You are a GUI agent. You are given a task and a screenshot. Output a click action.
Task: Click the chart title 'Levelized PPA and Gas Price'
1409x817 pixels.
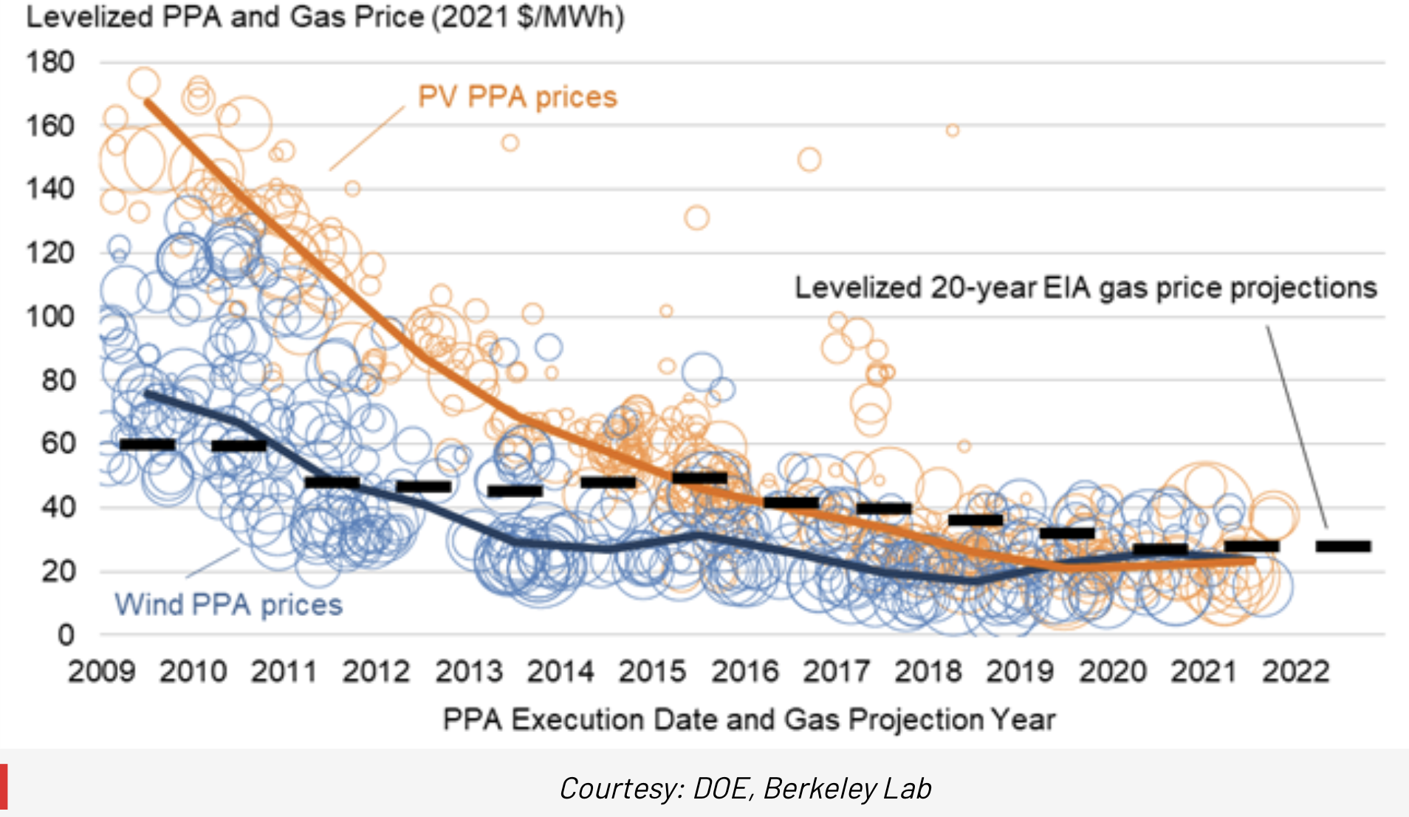[x=325, y=16]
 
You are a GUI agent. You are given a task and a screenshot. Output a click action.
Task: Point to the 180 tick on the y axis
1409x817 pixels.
[x=50, y=62]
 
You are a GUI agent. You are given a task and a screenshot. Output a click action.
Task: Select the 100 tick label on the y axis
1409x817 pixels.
[x=50, y=317]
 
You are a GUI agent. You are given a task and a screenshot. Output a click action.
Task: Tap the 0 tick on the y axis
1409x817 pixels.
[x=66, y=635]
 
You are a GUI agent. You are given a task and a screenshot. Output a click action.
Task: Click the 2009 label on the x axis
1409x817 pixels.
[x=101, y=672]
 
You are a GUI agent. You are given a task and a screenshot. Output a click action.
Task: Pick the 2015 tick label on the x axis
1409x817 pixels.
[x=652, y=672]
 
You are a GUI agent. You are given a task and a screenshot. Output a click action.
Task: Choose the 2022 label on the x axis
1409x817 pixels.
[x=1295, y=672]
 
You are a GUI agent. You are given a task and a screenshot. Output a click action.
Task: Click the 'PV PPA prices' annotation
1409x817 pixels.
[x=517, y=98]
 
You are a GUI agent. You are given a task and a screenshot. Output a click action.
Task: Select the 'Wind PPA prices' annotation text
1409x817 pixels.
[x=228, y=605]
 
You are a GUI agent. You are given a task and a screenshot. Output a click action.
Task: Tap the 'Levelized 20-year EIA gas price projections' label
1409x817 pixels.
[x=1086, y=288]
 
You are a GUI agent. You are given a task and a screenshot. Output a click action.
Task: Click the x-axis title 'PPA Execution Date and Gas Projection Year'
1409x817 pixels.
[x=749, y=719]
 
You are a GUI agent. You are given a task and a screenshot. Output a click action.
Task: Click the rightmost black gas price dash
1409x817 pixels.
[x=1343, y=547]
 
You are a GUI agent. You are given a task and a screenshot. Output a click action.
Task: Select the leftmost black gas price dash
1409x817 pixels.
[x=148, y=444]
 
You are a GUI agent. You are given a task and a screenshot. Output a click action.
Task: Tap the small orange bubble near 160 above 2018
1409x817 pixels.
[x=953, y=131]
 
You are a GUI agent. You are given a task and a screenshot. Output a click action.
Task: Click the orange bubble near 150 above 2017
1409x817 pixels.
[x=809, y=160]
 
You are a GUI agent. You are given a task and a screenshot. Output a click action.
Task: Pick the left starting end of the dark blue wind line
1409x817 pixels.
[x=147, y=394]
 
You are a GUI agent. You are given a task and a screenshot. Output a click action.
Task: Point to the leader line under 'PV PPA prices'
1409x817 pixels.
[x=367, y=138]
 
